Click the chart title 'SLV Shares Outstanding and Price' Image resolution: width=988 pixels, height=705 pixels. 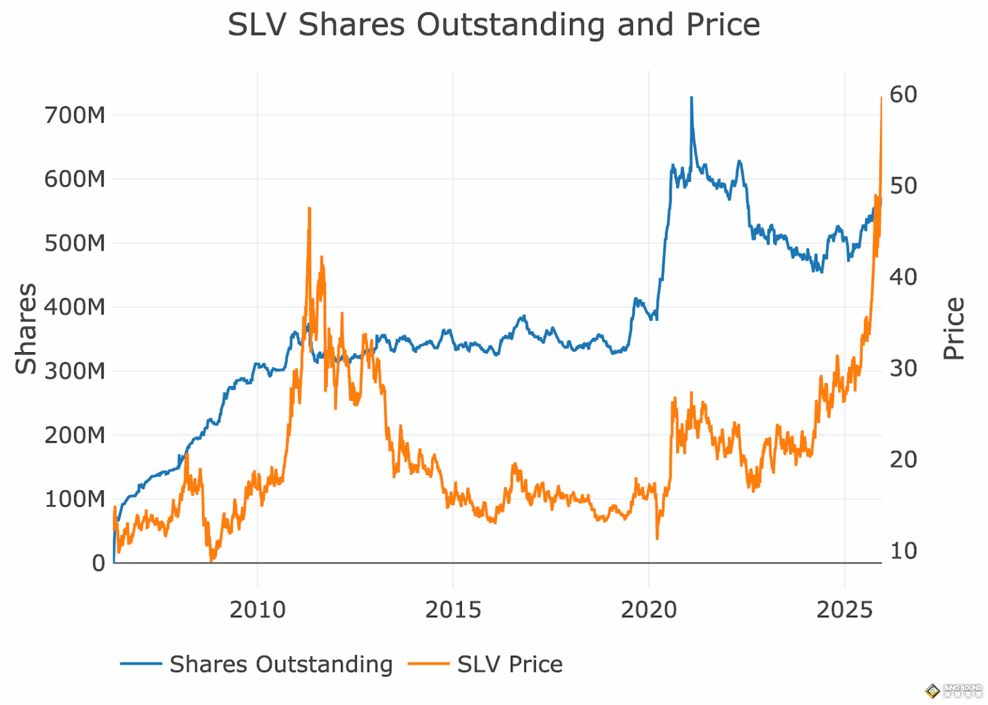(493, 25)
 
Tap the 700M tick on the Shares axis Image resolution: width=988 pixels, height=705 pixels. (75, 116)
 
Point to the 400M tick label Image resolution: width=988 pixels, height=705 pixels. (75, 307)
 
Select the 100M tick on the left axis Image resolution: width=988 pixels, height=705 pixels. (75, 499)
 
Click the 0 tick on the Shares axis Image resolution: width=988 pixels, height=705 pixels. (98, 563)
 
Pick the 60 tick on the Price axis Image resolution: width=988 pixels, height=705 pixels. (903, 94)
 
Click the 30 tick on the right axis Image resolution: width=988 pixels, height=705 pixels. (903, 368)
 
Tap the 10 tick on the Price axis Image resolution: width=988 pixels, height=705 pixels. (903, 551)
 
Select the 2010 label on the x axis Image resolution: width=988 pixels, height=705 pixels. (257, 609)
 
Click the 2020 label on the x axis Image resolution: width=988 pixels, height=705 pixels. (648, 609)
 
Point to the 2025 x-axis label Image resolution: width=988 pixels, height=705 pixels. (844, 609)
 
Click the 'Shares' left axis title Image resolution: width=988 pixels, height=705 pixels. (26, 328)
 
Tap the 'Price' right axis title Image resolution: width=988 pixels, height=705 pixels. (954, 328)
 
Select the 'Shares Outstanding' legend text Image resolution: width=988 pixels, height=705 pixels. (281, 664)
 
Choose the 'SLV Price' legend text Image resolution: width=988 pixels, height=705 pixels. (509, 664)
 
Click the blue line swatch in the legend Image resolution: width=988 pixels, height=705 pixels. (141, 664)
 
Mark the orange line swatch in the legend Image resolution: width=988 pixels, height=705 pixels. (428, 664)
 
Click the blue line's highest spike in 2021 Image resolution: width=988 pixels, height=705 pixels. (691, 98)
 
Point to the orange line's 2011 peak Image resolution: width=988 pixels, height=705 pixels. (309, 209)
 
